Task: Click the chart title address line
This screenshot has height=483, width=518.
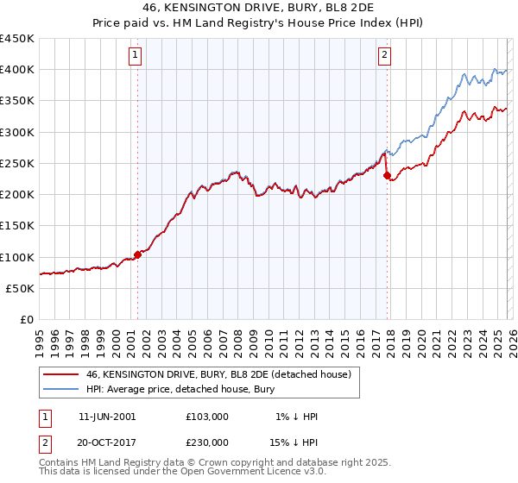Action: click(x=259, y=8)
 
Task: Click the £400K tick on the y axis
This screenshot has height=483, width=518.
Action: click(x=17, y=70)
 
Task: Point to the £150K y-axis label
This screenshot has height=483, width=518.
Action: click(x=17, y=226)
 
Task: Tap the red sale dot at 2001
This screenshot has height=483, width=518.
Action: click(x=137, y=255)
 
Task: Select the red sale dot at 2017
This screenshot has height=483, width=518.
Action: click(x=387, y=176)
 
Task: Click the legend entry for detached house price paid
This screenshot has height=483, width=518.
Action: click(x=218, y=375)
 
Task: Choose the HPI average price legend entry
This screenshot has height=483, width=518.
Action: click(x=180, y=390)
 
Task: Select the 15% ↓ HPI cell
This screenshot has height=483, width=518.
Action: click(x=294, y=442)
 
